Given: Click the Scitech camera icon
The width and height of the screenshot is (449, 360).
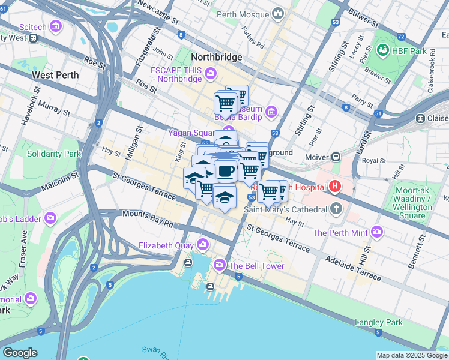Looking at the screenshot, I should (x=56, y=26).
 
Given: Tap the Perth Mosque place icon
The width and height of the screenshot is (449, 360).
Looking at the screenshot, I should (x=277, y=13).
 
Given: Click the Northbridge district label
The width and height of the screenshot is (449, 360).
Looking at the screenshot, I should (x=216, y=58).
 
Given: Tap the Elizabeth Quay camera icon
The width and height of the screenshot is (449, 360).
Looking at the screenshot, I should (x=203, y=244).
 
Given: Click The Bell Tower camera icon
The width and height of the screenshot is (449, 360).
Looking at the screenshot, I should (x=220, y=265).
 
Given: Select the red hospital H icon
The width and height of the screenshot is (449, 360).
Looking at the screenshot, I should (x=334, y=187).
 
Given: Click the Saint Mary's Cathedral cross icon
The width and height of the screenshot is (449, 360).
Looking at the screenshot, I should (x=337, y=209).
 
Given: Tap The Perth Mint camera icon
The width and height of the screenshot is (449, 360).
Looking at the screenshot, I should (x=376, y=232).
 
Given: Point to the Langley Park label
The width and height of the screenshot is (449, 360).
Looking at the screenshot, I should (x=378, y=322).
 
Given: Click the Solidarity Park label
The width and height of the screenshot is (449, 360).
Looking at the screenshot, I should (x=53, y=154).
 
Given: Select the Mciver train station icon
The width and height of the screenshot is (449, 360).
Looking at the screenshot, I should (x=336, y=157).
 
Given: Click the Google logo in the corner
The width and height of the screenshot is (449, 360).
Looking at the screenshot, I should (x=20, y=353).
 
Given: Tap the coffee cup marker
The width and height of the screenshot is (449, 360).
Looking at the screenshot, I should (x=225, y=172).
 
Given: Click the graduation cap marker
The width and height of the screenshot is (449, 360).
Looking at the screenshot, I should (x=224, y=196).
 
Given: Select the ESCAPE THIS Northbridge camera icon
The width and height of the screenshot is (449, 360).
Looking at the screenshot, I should (x=210, y=74).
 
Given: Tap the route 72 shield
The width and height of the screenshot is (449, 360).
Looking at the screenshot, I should (x=400, y=37).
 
